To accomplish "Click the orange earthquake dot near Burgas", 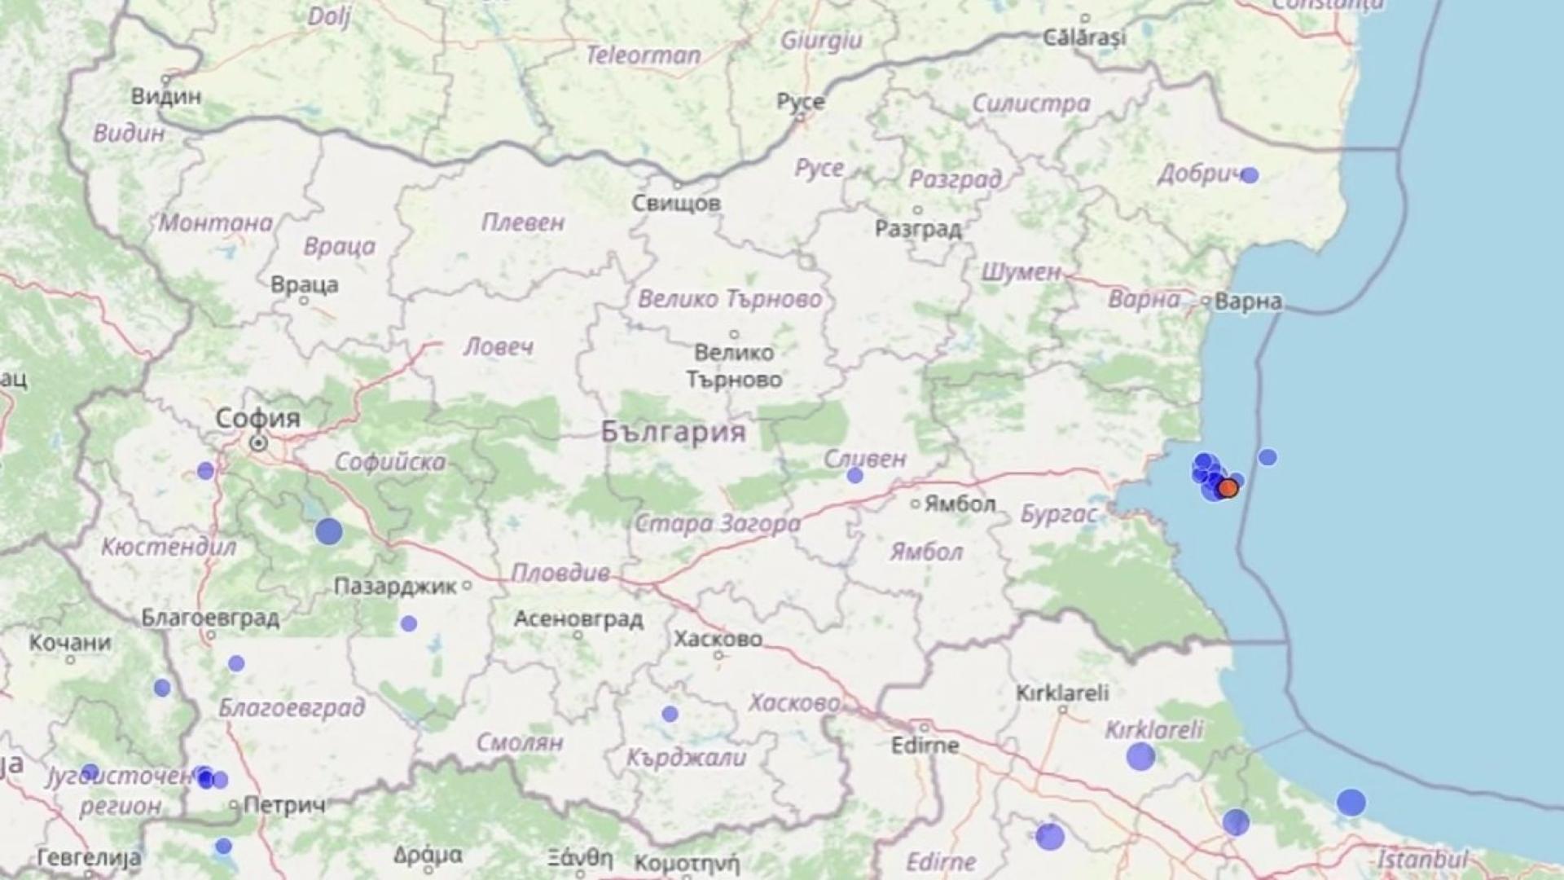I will tap(1228, 488).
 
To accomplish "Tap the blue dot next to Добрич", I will tap(1250, 175).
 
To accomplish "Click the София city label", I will tap(257, 418).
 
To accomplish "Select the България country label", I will tap(674, 431).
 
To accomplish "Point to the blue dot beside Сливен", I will tap(854, 475).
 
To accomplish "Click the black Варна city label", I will tap(1248, 301).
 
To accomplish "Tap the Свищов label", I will tap(676, 203).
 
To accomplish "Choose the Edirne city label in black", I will tap(925, 745).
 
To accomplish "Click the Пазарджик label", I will tap(396, 586).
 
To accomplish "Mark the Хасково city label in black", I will tap(718, 639).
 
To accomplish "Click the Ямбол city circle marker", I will tap(916, 504).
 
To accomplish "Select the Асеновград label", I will tap(578, 619).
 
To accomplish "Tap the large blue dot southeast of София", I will tap(329, 531).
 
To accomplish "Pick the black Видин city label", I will tap(166, 96).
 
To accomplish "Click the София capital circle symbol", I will tap(258, 443).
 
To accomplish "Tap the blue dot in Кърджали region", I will tap(670, 714).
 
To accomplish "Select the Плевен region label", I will tap(522, 222).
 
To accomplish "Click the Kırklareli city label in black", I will tap(1062, 693).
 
